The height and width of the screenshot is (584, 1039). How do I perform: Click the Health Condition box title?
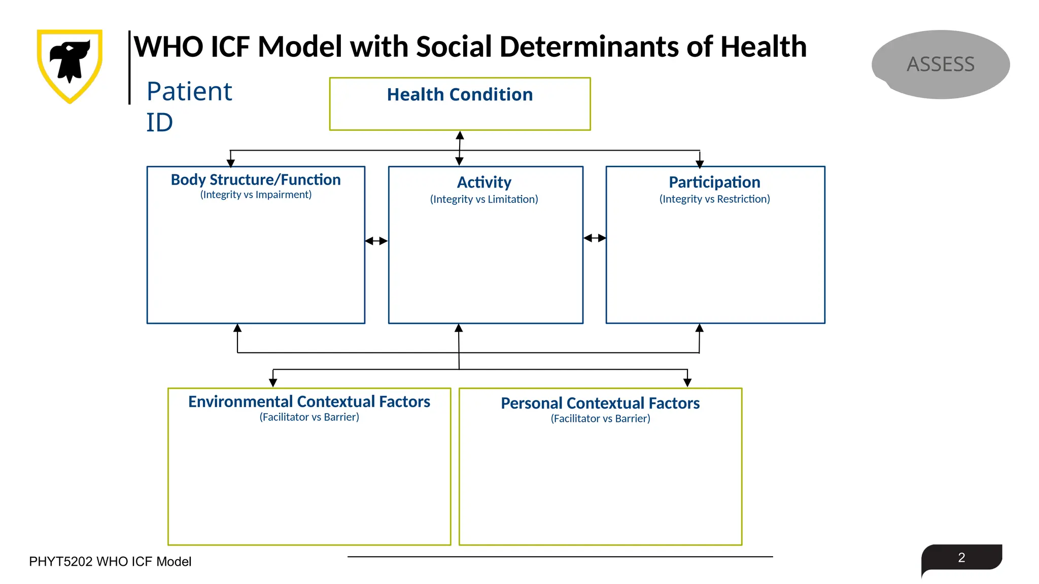(460, 95)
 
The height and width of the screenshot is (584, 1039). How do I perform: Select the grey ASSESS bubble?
(940, 64)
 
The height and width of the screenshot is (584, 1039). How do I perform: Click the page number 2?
(961, 558)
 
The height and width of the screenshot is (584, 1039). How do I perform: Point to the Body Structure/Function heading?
(256, 180)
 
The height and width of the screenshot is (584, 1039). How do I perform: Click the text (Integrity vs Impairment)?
(256, 195)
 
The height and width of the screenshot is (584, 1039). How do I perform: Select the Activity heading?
(484, 182)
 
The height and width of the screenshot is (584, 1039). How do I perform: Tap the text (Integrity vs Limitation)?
(484, 199)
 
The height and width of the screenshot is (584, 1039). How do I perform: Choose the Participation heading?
(714, 182)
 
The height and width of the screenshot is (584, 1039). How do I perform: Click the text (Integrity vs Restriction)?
(714, 199)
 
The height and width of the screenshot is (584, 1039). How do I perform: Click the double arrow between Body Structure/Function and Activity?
(376, 241)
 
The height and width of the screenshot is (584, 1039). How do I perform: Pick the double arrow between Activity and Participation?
(595, 238)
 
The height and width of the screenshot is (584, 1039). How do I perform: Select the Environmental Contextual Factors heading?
(309, 401)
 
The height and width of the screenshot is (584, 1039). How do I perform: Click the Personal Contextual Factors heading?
(600, 403)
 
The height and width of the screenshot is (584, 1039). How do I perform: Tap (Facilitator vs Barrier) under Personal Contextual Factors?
(600, 419)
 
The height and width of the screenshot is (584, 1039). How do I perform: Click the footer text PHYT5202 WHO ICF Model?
(110, 562)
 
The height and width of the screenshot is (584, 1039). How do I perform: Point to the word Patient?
(189, 92)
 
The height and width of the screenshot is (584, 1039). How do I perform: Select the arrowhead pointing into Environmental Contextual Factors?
(273, 383)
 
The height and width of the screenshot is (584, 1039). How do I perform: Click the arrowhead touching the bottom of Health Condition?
(460, 135)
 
